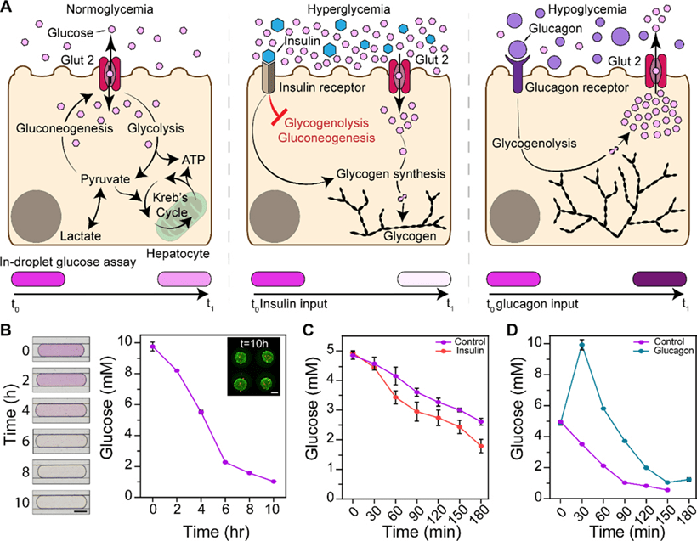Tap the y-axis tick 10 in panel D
tap(530, 341)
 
